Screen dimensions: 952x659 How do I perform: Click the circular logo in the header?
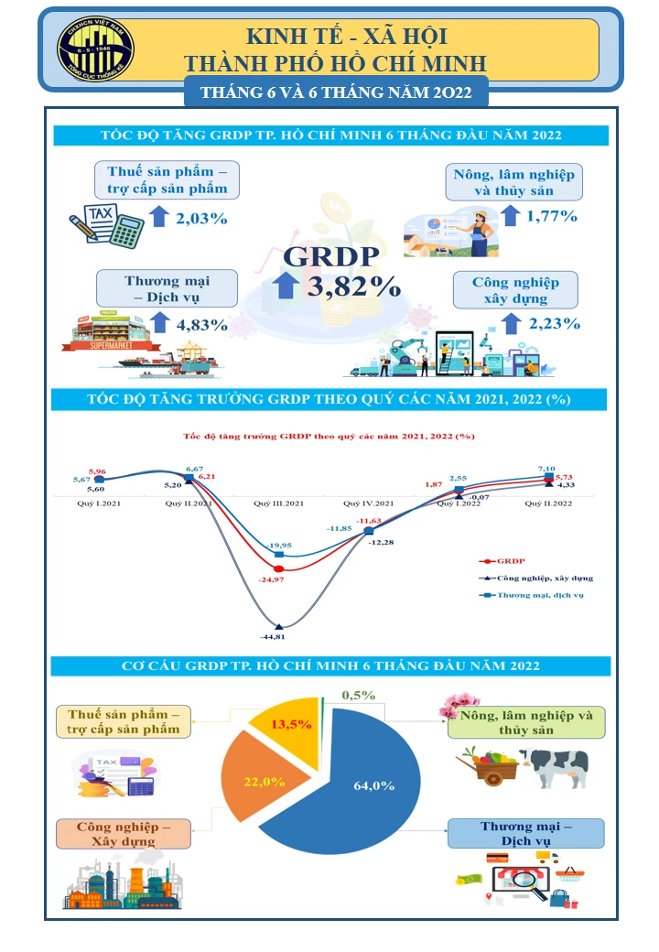click(95, 49)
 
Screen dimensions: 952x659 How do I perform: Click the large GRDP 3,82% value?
click(354, 286)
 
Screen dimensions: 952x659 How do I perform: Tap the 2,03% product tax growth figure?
click(200, 218)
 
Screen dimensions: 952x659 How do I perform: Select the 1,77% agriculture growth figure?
click(552, 216)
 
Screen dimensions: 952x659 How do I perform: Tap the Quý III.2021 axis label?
click(278, 503)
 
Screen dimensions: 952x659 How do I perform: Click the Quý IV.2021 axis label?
click(368, 503)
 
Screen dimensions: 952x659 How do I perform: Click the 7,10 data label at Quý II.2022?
click(547, 467)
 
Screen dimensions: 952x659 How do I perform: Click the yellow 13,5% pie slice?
click(291, 725)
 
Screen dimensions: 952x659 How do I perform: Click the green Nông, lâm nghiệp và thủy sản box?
click(525, 722)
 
